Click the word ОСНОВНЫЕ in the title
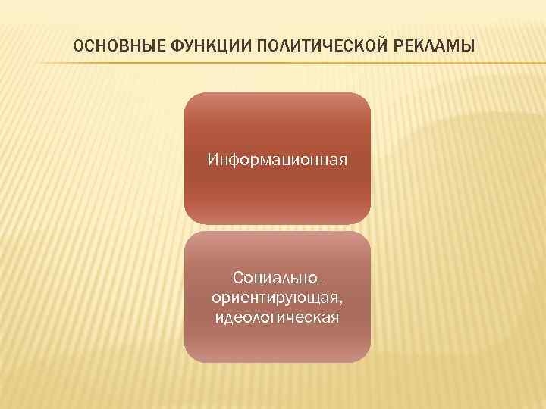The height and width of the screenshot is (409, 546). point(108,48)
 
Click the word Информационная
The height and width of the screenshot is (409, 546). point(278,160)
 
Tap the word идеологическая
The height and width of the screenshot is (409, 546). point(278,315)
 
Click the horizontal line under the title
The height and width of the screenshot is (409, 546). point(273,63)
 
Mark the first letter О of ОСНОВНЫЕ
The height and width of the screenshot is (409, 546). point(78,48)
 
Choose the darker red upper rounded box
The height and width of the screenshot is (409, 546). point(278,121)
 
